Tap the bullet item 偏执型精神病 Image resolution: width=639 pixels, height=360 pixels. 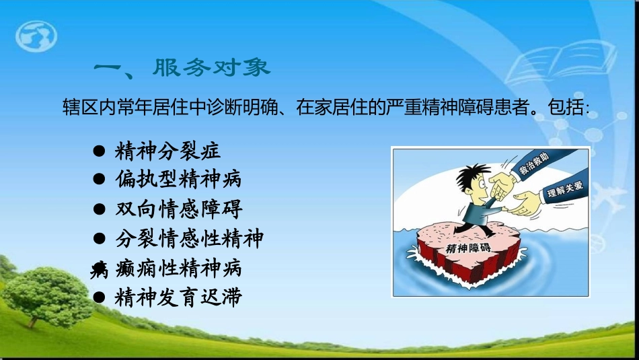pos(178,179)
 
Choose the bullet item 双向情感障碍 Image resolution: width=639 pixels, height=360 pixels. pos(178,209)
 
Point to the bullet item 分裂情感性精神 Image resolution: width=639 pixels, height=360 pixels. pos(188,238)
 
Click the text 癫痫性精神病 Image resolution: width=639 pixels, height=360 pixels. pos(178,268)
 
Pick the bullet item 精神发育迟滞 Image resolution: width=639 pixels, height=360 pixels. pos(178,297)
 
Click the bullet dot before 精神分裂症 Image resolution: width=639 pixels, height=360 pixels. pos(98,150)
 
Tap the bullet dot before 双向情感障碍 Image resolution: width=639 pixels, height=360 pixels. pos(98,209)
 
